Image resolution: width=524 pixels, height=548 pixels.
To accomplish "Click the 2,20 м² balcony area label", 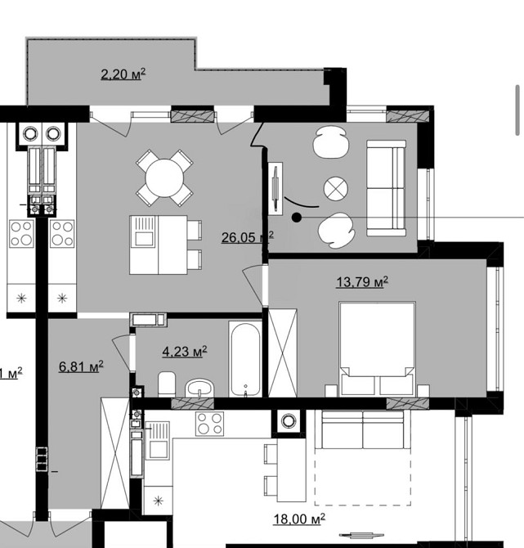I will click(123, 75).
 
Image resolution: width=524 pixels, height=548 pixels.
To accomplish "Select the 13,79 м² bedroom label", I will click(361, 282).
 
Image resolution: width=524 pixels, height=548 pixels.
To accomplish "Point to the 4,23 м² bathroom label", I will click(185, 352).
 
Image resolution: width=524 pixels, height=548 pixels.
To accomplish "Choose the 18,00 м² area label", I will click(299, 518).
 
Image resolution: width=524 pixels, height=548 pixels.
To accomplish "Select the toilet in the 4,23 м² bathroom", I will click(166, 382).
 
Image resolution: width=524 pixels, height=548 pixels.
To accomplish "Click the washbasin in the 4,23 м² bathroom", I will click(199, 385).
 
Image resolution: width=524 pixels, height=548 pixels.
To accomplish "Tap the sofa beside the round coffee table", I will click(385, 187).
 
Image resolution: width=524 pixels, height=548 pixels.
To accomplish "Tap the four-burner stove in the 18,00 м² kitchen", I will click(210, 424).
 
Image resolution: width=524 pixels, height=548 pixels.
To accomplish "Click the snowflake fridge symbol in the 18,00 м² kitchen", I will click(159, 498).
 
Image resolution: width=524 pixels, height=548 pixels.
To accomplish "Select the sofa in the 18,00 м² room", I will click(363, 429).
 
